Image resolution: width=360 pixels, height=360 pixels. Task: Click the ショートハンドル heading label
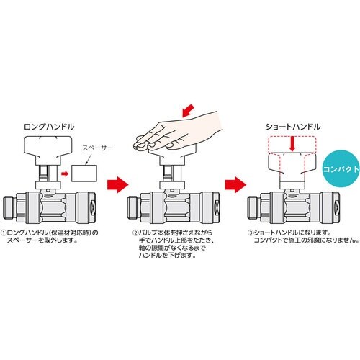(x=292, y=126)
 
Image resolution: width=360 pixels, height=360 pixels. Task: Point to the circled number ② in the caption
(x=135, y=233)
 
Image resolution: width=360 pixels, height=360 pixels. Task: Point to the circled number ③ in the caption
(x=250, y=233)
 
